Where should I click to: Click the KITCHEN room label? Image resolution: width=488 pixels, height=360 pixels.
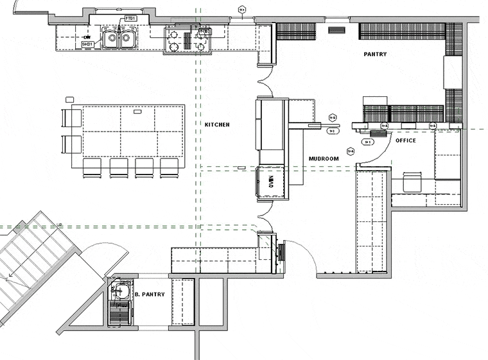pos(217,124)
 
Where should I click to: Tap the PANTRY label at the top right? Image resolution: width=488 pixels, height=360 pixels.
pos(375,55)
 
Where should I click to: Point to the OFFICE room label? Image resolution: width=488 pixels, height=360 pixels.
pos(405,141)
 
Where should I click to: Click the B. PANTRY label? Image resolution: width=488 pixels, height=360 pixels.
pos(150,295)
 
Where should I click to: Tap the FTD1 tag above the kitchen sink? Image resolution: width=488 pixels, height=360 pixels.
pos(130,19)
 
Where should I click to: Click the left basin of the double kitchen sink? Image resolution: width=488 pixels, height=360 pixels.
pos(111,40)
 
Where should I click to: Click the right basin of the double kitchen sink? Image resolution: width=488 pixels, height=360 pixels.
pos(127,40)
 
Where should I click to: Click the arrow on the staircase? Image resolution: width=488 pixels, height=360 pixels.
pos(10,277)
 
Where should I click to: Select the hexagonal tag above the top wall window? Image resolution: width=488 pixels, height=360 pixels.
pos(241,10)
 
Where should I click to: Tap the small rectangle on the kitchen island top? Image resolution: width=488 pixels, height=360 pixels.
pos(137,112)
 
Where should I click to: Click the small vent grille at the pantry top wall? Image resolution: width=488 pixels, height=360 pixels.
pos(336,30)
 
